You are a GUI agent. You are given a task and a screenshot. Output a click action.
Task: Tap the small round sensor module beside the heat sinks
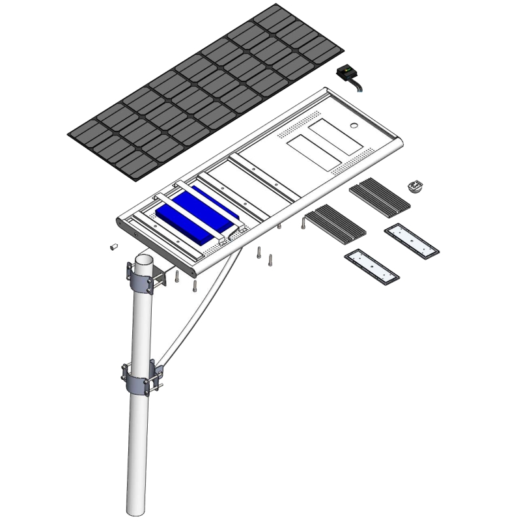[415, 188]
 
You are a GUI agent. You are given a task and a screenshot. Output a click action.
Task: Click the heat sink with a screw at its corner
[335, 221]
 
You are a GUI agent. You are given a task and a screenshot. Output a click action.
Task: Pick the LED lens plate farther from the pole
[412, 240]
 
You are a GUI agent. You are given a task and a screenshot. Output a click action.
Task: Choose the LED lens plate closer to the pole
[372, 266]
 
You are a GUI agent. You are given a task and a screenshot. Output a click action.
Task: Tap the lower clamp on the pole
[141, 377]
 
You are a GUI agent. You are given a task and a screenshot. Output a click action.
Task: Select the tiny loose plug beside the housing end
[112, 247]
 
